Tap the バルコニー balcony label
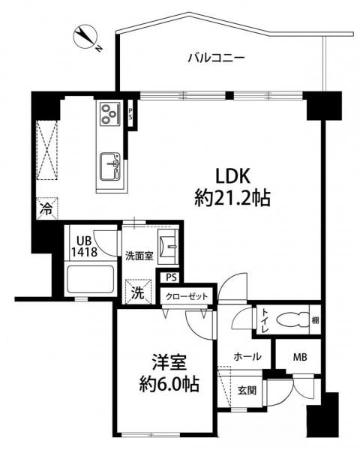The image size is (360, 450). tap(216, 58)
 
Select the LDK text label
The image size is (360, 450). tap(232, 176)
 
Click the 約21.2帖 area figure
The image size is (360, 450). tap(232, 198)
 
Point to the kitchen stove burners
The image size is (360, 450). tap(110, 113)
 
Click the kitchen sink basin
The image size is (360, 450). tap(110, 166)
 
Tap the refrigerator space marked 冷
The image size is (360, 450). tap(46, 208)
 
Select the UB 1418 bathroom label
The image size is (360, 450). tap(83, 246)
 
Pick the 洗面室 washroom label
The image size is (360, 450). tap(139, 256)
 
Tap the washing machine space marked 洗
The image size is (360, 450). tap(139, 292)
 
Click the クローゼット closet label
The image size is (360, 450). tap(187, 296)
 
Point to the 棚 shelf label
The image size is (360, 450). tap(315, 319)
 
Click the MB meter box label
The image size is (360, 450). tap(300, 357)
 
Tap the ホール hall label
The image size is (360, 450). tap(247, 357)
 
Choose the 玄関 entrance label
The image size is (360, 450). tap(247, 390)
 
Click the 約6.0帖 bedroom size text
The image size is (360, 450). tap(169, 385)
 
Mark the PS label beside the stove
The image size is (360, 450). tap(130, 114)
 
